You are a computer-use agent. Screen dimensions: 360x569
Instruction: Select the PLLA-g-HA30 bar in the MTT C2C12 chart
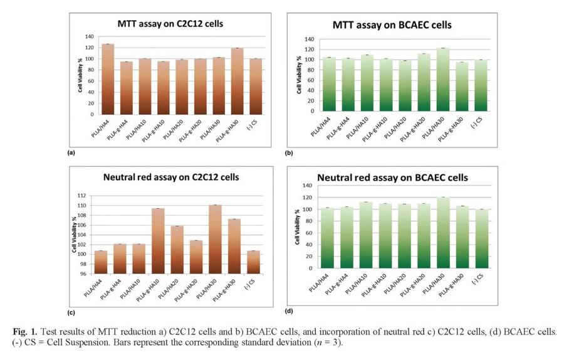pyautogui.click(x=237, y=82)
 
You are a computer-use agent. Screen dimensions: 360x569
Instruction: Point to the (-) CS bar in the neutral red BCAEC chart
pyautogui.click(x=480, y=238)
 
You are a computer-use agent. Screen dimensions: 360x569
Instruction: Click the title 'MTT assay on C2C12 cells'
pyautogui.click(x=170, y=24)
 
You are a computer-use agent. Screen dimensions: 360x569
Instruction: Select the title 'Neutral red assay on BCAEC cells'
pyautogui.click(x=401, y=178)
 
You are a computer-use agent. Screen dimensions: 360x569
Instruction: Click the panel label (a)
pyautogui.click(x=71, y=152)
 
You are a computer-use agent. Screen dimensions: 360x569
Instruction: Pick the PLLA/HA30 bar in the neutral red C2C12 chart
pyautogui.click(x=217, y=239)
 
